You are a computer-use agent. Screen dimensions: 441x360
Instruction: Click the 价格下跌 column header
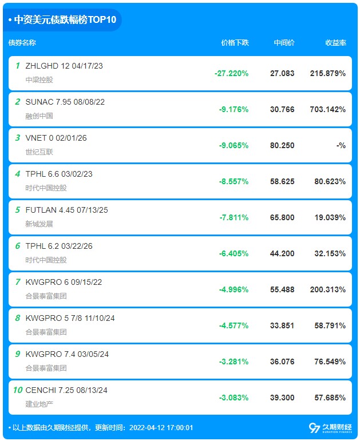click(235, 43)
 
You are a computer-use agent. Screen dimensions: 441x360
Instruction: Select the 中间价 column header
click(284, 43)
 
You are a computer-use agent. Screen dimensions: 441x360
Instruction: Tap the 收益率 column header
click(335, 43)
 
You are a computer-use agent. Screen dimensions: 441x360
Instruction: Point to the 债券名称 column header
click(22, 43)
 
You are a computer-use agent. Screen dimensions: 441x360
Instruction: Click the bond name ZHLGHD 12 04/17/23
click(64, 66)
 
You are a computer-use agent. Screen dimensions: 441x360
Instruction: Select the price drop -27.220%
click(231, 73)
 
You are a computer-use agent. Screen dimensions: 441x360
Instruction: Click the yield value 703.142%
click(328, 109)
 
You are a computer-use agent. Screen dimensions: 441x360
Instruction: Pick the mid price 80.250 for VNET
click(282, 145)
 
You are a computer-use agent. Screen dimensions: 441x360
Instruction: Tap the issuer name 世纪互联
click(39, 152)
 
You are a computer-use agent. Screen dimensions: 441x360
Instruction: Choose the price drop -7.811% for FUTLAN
click(234, 217)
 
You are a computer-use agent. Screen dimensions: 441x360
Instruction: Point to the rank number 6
click(18, 246)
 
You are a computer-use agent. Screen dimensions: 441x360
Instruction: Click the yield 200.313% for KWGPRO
click(328, 289)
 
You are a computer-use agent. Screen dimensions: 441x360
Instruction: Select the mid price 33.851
click(282, 325)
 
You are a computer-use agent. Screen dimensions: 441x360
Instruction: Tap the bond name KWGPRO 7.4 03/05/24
click(67, 354)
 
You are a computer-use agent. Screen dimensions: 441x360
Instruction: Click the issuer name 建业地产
click(39, 404)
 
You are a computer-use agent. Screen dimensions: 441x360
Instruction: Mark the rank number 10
click(18, 390)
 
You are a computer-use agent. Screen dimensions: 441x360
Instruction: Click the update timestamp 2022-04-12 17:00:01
click(161, 427)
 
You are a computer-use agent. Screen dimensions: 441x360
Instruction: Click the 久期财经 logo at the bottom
click(330, 428)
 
